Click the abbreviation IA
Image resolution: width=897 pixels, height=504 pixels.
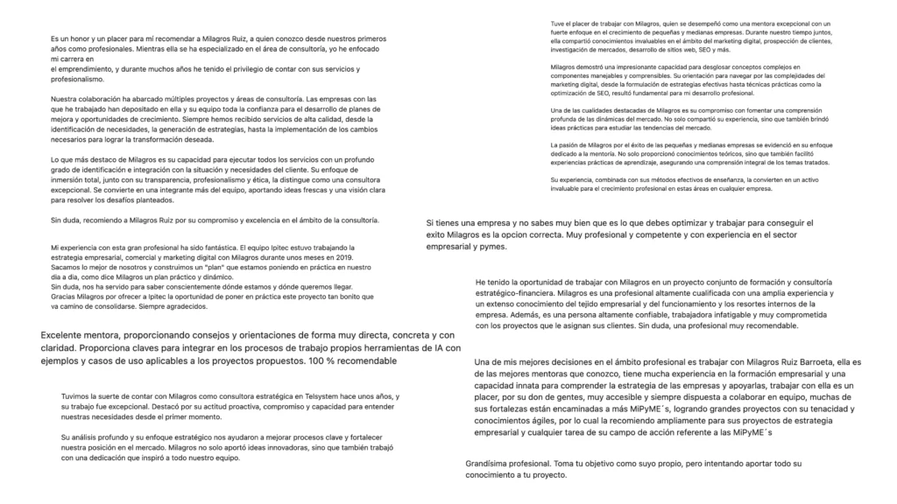coord(443,349)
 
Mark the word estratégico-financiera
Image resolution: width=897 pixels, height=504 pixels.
coord(515,293)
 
